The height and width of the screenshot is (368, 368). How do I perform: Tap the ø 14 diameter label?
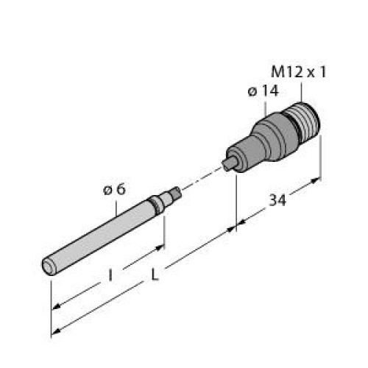click(264, 92)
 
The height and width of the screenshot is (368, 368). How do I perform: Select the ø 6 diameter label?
click(115, 189)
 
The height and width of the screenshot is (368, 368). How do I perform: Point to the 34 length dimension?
click(277, 200)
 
